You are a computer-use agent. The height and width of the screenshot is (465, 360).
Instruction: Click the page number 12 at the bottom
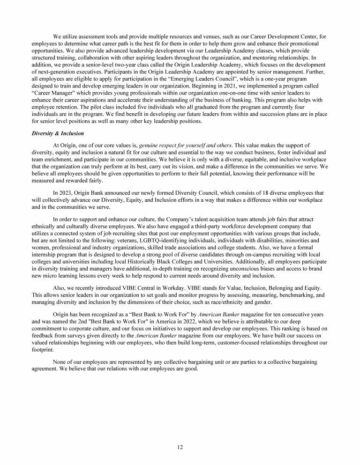[180, 447]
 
